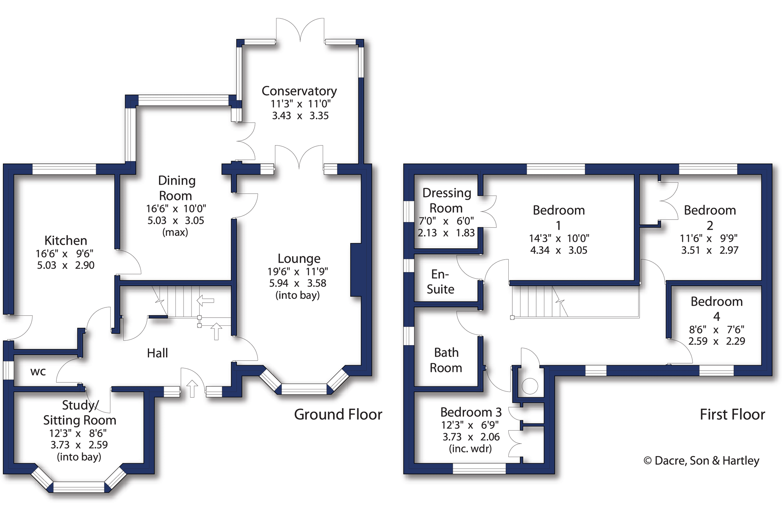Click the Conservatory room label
pyautogui.click(x=299, y=91)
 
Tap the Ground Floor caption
pyautogui.click(x=338, y=414)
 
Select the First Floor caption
pyautogui.click(x=732, y=414)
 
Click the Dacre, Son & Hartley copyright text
pyautogui.click(x=701, y=460)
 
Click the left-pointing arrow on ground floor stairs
pyautogui.click(x=205, y=300)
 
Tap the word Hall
pyautogui.click(x=157, y=353)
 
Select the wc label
pyautogui.click(x=38, y=372)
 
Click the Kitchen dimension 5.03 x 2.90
pyautogui.click(x=65, y=265)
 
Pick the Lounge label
pyautogui.click(x=299, y=258)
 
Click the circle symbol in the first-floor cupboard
pyautogui.click(x=530, y=386)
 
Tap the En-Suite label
pyautogui.click(x=440, y=282)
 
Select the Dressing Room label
pyautogui.click(x=446, y=200)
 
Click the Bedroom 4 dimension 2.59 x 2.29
pyautogui.click(x=716, y=341)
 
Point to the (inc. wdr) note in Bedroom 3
pyautogui.click(x=470, y=449)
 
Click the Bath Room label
pyautogui.click(x=446, y=360)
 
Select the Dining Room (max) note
pyautogui.click(x=175, y=232)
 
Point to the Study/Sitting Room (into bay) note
pyautogui.click(x=79, y=457)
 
